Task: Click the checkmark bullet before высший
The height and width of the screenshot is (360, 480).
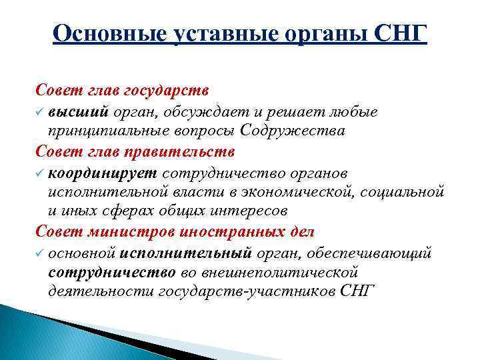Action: [40, 112]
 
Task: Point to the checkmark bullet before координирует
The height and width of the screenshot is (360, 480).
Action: [40, 173]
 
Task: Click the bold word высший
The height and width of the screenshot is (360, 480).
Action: [75, 111]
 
